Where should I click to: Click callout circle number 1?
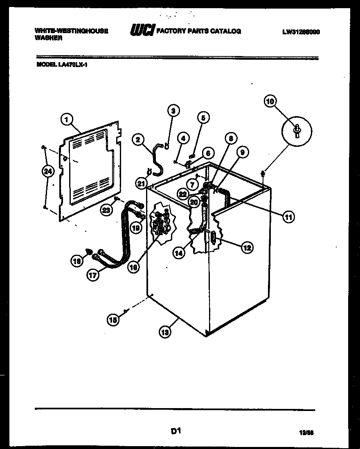point(67,119)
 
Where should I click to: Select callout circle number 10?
point(270,101)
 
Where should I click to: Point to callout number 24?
point(48,172)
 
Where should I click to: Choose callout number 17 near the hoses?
point(93,275)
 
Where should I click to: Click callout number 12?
point(247,247)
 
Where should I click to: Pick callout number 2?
point(138,140)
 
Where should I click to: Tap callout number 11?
point(288,217)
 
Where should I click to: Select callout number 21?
point(141,184)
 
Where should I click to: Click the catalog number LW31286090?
point(301,31)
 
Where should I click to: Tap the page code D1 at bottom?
point(175,431)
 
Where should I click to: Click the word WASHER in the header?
point(49,38)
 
